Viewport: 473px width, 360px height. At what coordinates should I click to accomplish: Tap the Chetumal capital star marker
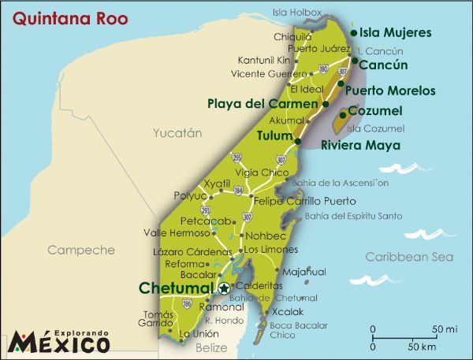(225, 288)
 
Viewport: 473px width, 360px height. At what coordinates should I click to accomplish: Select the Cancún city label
(383, 65)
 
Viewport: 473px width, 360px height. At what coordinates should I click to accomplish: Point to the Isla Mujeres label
(395, 32)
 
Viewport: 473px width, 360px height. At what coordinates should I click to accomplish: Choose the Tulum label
(274, 135)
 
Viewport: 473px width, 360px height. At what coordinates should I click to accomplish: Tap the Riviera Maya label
(359, 145)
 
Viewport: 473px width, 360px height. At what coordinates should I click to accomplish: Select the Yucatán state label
(177, 133)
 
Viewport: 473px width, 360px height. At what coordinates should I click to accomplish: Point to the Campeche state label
(81, 250)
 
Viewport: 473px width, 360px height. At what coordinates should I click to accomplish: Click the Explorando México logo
(59, 340)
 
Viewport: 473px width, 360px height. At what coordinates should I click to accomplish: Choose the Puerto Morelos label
(389, 91)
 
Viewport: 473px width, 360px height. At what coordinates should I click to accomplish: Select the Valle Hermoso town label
(177, 232)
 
